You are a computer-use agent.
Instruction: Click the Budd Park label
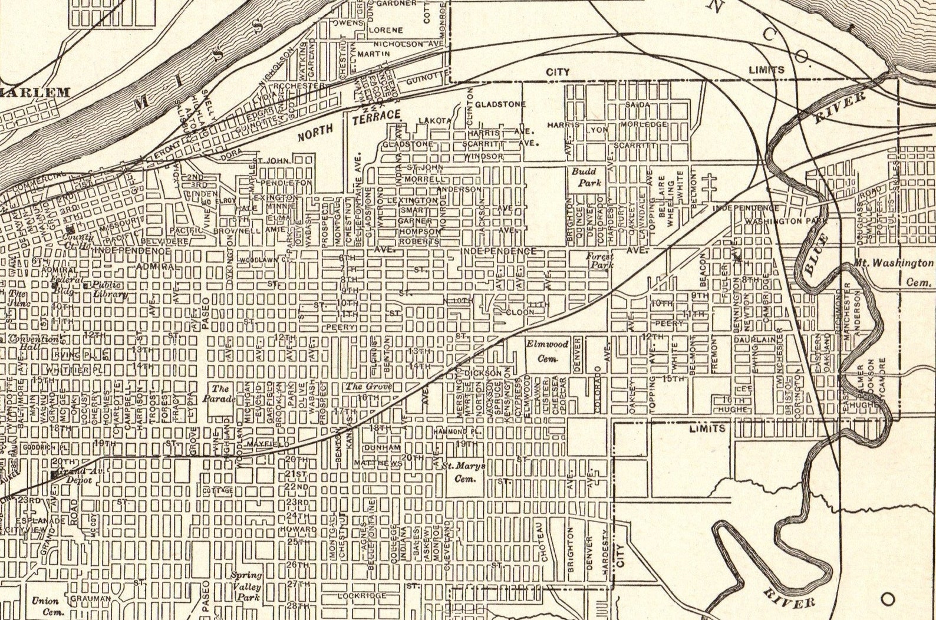[x=586, y=177]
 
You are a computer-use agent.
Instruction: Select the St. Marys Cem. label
[x=463, y=472]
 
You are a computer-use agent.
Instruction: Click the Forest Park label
[x=600, y=260]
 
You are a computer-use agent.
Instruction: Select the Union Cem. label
[x=45, y=606]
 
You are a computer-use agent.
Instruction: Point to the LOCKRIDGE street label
[x=362, y=596]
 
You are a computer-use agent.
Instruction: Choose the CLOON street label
[x=520, y=312]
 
